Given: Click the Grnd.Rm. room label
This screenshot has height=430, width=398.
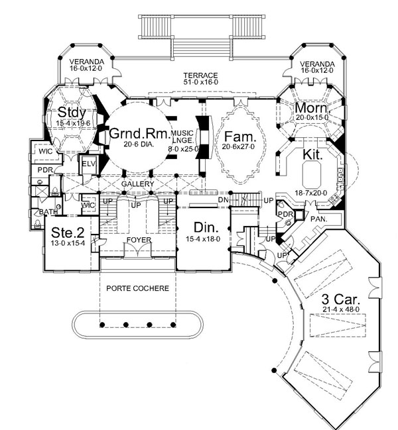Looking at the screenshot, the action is click(140, 134).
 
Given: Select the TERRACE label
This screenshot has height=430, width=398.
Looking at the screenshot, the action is click(200, 75).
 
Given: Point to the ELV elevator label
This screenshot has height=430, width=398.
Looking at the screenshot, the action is click(89, 164).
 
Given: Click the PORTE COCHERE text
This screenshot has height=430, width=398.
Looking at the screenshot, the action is click(137, 288).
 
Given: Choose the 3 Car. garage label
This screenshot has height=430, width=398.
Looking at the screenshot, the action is click(341, 299).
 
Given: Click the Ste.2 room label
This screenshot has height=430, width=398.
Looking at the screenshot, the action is click(68, 233).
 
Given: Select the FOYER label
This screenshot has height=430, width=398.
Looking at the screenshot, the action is click(139, 241).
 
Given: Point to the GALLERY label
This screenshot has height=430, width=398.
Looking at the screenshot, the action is click(137, 184).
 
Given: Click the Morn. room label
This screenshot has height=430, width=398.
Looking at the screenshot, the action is click(312, 108).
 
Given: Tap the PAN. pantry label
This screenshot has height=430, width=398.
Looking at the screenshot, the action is click(319, 219).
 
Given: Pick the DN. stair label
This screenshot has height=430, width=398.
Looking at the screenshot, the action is click(224, 200).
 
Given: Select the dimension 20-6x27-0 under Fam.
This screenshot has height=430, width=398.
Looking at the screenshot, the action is click(238, 146).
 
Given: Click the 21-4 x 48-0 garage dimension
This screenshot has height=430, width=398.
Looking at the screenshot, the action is click(341, 309).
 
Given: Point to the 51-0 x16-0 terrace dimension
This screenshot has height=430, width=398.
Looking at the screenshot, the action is click(200, 82).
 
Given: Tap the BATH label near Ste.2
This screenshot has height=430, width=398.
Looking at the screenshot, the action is click(48, 212).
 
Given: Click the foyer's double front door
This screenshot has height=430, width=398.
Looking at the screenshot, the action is click(137, 250).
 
